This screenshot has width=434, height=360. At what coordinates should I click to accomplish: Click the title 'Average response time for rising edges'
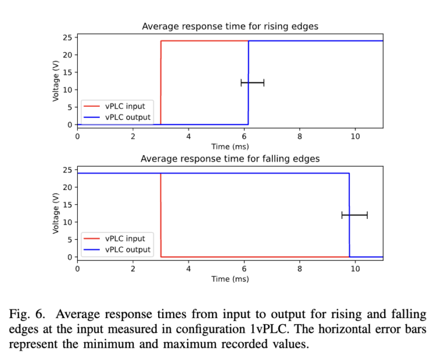click(230, 26)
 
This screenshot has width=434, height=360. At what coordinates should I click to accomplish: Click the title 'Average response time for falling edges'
click(230, 159)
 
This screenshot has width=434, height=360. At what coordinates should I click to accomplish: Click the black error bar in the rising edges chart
click(252, 82)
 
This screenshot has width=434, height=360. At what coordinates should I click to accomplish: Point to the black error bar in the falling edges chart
click(354, 215)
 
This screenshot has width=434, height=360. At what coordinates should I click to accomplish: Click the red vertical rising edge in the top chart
click(161, 81)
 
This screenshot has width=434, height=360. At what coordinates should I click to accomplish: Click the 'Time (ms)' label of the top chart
click(230, 146)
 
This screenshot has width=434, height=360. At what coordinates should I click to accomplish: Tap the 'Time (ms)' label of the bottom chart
click(230, 279)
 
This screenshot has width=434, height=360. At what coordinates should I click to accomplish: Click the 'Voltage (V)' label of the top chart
click(56, 81)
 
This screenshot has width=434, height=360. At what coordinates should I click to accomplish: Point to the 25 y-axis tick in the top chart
click(67, 37)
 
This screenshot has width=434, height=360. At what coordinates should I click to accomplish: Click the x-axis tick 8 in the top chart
click(300, 136)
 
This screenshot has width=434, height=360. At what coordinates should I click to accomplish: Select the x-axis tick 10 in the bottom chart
click(355, 268)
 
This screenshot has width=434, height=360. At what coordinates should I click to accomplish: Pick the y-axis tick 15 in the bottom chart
click(67, 204)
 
